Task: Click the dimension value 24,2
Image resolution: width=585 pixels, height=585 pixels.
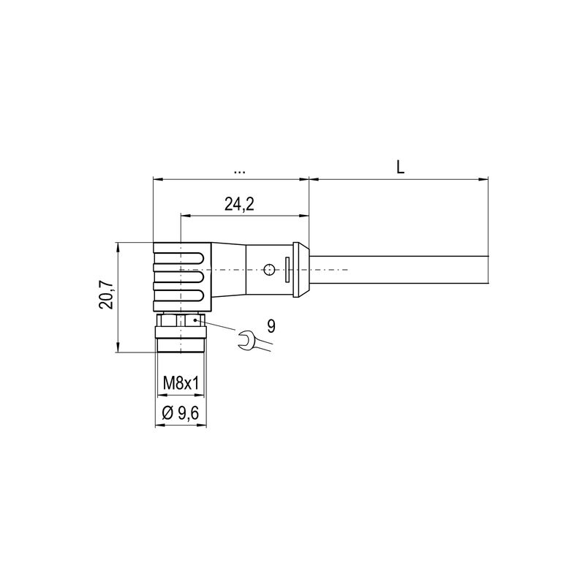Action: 239,205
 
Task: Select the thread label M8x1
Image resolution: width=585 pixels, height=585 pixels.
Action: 181,382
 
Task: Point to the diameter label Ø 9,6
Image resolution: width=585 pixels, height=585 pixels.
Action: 181,414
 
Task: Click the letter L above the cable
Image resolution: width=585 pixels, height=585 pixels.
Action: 400,167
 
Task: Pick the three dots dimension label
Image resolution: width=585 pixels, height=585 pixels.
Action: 239,171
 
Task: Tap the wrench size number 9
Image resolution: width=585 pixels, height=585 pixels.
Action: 271,326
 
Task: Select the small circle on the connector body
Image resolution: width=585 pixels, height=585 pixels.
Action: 271,270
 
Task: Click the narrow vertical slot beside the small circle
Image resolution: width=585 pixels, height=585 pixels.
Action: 287,270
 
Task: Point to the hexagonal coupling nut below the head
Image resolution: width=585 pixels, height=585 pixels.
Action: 181,321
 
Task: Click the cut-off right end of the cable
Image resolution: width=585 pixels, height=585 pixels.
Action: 486,270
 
